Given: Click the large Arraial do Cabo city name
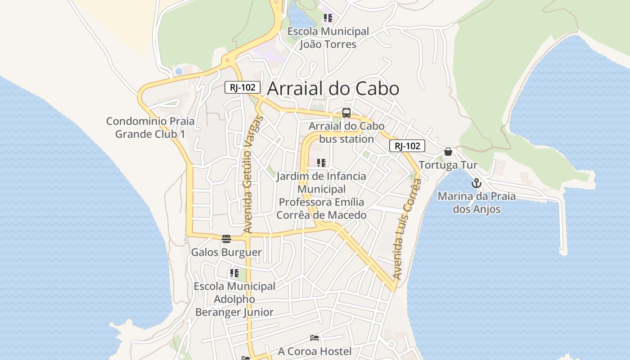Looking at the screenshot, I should pos(333,89).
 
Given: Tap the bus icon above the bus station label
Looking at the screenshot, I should pos(346,113).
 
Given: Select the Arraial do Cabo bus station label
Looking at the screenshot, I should pos(346,132).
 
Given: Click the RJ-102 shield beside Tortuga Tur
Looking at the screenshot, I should pos(407,146).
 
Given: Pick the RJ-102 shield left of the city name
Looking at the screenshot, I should pos(243,87).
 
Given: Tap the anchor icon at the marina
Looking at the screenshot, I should pos(476,183).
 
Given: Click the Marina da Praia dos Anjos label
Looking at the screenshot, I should pos(477,202).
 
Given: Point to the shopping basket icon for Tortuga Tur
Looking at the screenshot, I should pos(448,152).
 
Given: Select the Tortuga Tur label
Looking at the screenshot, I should pos(448,165).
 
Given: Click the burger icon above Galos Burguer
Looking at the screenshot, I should pos(226,238).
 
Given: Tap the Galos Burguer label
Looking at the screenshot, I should pos(226,252).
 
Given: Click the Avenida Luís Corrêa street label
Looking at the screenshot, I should pos(406,229).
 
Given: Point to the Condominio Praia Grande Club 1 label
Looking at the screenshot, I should pos(150,127).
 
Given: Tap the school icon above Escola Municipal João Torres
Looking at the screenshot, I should pos(328,18).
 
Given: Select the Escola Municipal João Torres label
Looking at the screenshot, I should pos(328,38).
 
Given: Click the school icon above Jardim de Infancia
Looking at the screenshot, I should pos(321,162).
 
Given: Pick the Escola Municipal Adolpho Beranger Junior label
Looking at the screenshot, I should pos(234,299).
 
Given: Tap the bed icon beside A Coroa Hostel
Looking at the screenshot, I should pos(315,338).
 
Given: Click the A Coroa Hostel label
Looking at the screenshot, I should pos(315,351).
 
